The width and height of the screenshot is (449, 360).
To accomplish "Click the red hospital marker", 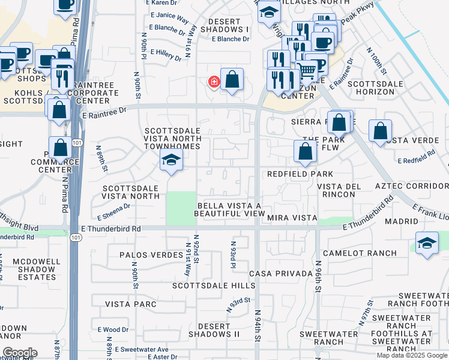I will pos(213,82).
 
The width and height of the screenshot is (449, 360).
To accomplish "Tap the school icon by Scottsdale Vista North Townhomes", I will pos(171,160).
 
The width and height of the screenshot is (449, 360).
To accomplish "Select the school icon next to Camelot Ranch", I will pos(426,244).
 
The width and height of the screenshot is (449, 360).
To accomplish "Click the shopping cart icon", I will pos(307,71).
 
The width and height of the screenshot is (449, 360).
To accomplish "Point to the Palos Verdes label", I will pos(151,255).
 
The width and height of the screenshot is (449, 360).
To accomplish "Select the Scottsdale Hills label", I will pos(205,286).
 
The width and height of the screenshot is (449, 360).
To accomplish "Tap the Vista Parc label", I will pos(131,304).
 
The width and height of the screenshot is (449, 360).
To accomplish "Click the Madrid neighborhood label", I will pos(401,221).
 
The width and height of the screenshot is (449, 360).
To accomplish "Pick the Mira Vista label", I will pos(292,217).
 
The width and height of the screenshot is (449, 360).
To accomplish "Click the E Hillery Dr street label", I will pos(166,55).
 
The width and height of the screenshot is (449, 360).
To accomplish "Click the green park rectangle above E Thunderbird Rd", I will pos(181,208).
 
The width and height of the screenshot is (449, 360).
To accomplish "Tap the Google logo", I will pos(19,353).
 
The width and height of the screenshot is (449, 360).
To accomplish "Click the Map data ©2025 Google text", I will pos(411,355).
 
